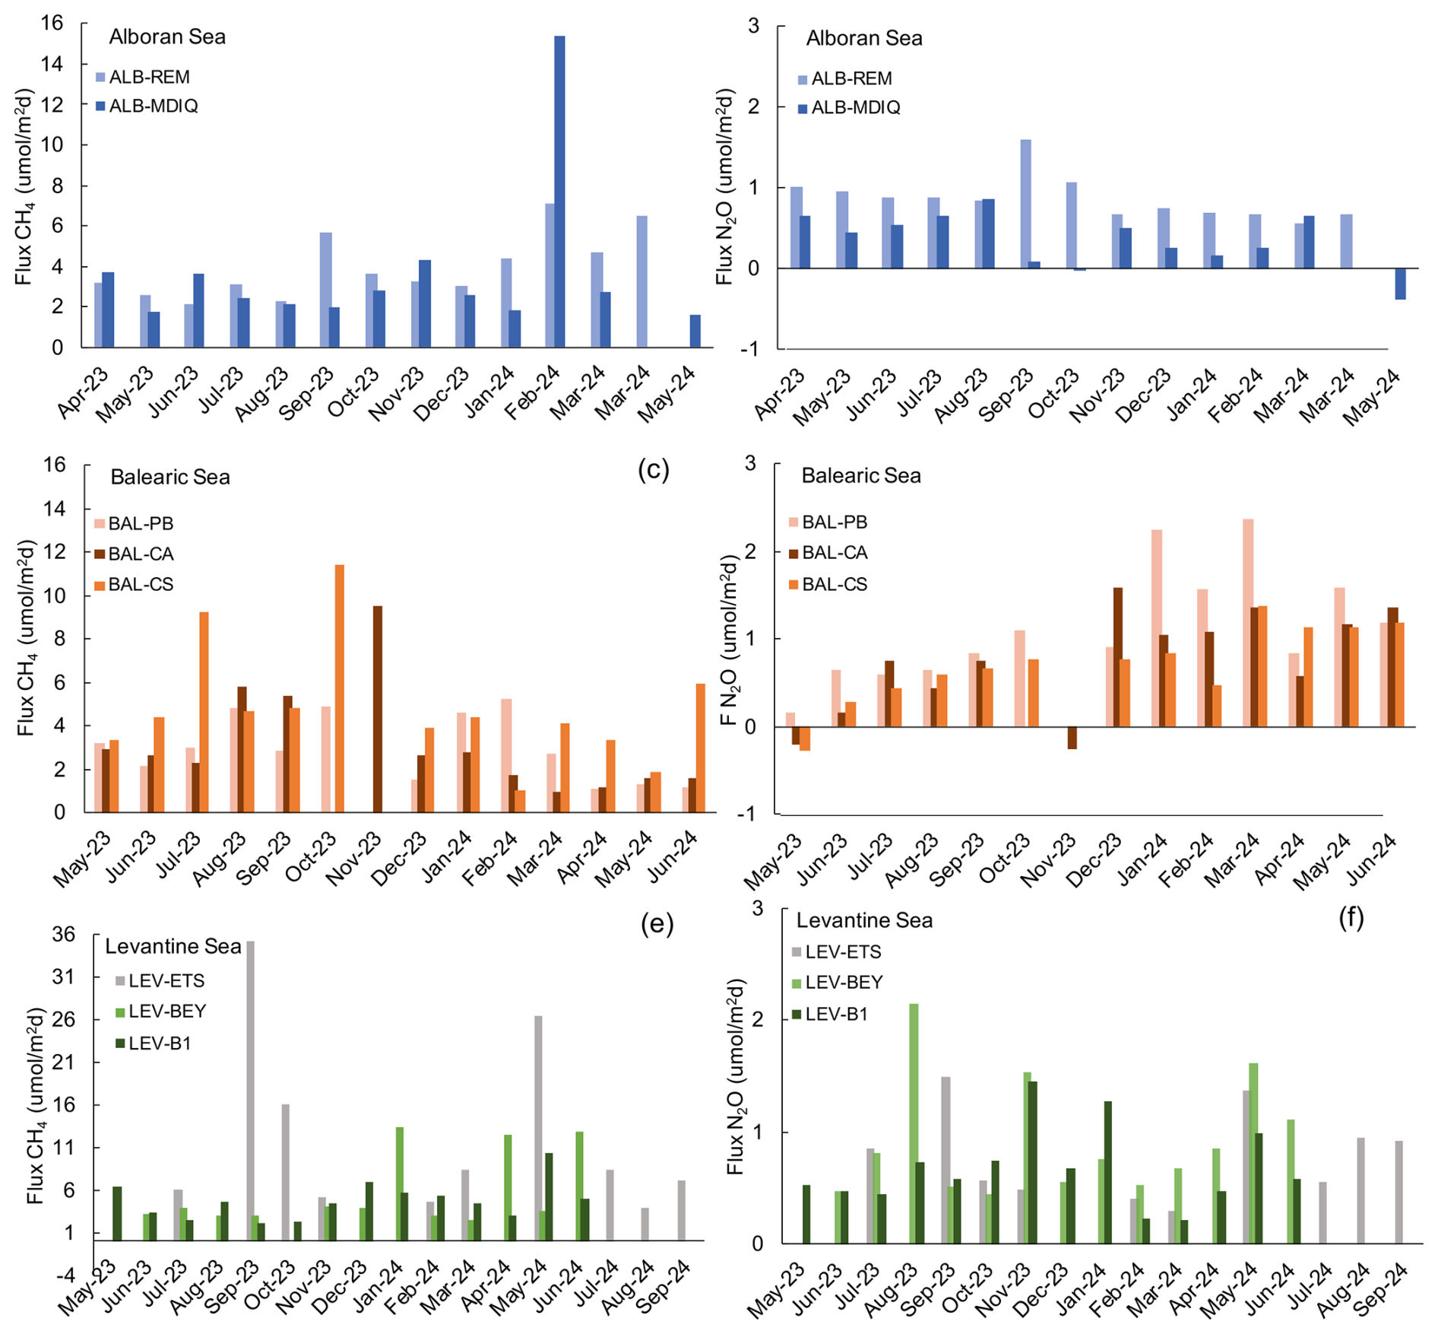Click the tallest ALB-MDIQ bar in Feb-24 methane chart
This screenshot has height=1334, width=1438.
(x=559, y=192)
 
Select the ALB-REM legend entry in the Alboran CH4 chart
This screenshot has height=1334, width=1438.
(x=143, y=77)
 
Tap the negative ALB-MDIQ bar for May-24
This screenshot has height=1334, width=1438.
(x=1400, y=284)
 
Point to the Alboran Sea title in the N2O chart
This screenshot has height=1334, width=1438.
(x=864, y=38)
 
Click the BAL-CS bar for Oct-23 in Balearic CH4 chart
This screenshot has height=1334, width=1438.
(x=339, y=688)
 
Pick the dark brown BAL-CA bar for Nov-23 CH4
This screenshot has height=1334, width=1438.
(x=378, y=709)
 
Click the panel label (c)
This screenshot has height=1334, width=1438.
(x=654, y=469)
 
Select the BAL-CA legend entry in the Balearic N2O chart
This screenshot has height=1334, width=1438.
(x=828, y=553)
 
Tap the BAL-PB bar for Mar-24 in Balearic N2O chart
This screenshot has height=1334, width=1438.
(x=1248, y=623)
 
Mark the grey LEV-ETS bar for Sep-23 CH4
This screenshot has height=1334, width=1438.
(x=250, y=1091)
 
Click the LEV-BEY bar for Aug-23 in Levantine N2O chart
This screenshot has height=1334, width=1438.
(x=914, y=1123)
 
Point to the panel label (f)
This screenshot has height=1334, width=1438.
(x=1351, y=918)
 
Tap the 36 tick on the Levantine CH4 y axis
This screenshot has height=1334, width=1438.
(x=63, y=934)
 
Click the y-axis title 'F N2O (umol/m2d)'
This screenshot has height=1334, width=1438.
(x=731, y=640)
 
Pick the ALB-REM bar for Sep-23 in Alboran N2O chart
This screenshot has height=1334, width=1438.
(x=1025, y=204)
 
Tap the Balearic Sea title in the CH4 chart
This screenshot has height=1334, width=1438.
(x=170, y=477)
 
